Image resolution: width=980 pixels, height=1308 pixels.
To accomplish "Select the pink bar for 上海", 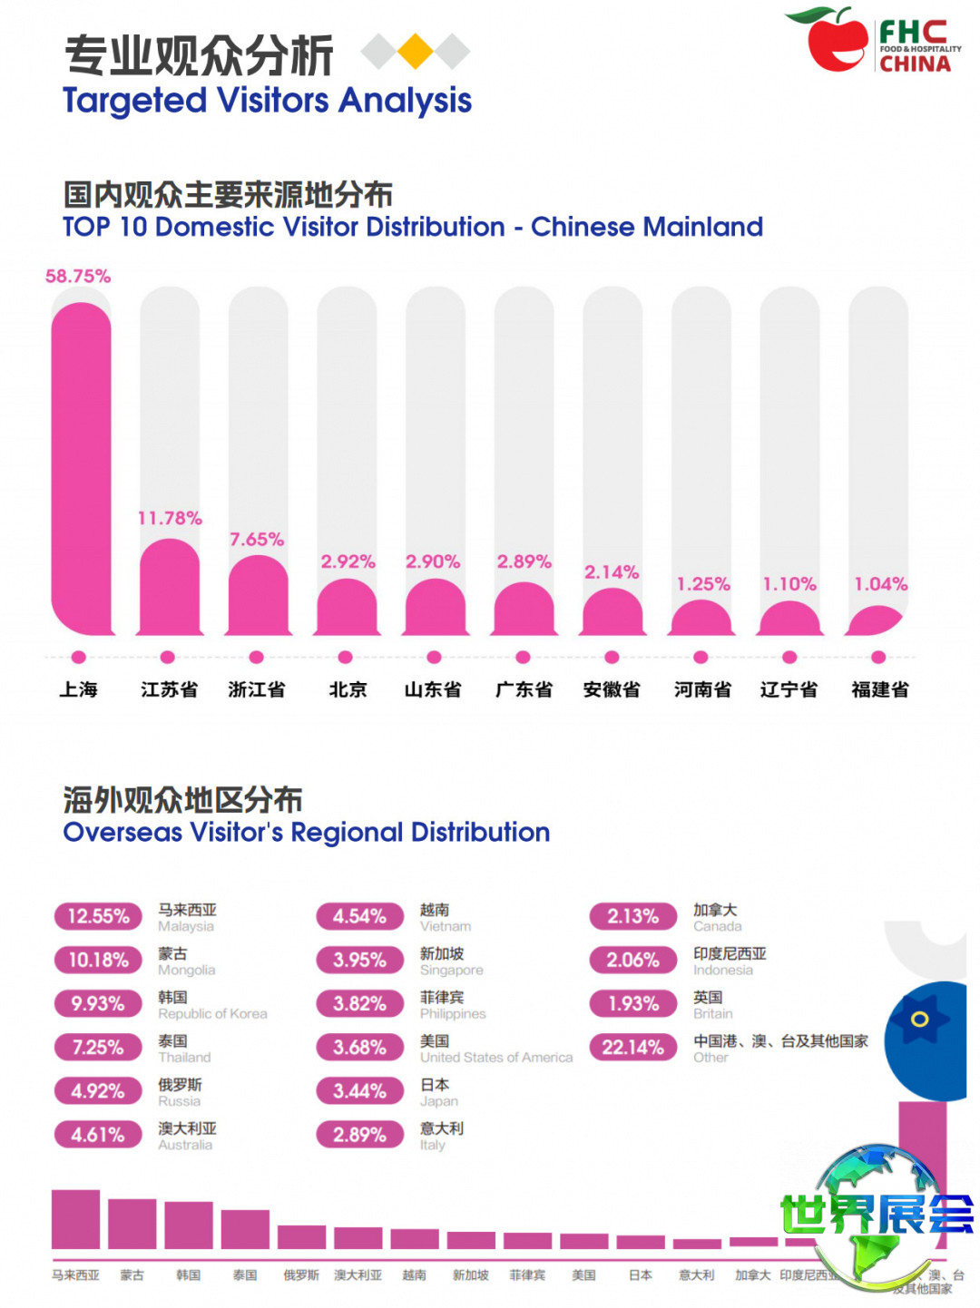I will (x=81, y=467).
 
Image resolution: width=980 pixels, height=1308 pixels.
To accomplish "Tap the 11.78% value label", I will (x=170, y=518).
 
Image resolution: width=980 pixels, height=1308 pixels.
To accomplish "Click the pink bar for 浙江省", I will (x=257, y=595).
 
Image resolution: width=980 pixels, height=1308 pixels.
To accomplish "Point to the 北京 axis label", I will (x=348, y=689).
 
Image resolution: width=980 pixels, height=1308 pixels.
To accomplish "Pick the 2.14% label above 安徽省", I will (x=612, y=572).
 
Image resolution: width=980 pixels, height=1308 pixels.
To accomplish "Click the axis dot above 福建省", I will (x=877, y=658).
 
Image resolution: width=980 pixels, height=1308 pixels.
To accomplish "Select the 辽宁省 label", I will (x=789, y=689).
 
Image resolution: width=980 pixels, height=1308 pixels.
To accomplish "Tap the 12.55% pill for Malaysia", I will (x=98, y=916).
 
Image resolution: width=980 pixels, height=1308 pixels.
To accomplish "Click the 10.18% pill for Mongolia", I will (x=98, y=960).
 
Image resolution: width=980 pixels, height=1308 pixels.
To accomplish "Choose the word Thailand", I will (x=184, y=1058).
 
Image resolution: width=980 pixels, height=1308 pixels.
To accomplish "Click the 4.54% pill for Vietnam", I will (x=359, y=916).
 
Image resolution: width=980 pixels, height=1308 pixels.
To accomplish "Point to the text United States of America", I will (x=496, y=1058).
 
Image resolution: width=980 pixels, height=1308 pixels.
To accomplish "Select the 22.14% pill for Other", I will (x=633, y=1048).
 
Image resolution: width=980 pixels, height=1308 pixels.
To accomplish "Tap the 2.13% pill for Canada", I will (x=633, y=916).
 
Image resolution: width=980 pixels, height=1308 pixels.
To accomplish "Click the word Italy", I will (x=433, y=1146).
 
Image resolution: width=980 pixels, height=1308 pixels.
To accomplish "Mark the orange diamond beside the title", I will (x=415, y=52).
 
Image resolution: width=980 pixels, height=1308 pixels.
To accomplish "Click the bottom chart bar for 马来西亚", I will (x=75, y=1219).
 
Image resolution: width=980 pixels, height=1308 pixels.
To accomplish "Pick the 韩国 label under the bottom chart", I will (x=188, y=1275).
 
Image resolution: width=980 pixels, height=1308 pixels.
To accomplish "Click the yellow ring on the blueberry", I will (x=919, y=1019).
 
